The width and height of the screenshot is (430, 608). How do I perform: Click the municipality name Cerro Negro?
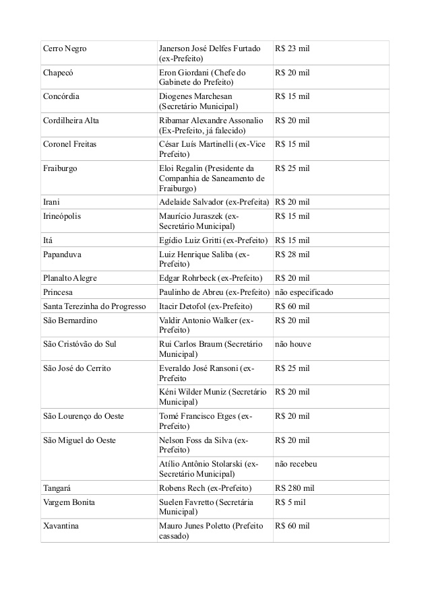[x=65, y=48]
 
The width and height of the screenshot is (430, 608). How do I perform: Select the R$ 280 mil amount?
[x=295, y=487]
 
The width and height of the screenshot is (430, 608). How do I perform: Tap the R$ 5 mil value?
[x=290, y=502]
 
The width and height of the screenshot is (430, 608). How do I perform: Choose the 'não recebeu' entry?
[x=296, y=464]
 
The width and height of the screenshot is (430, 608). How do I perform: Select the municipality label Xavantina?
[x=61, y=525]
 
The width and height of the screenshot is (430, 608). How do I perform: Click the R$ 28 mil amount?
[x=293, y=254]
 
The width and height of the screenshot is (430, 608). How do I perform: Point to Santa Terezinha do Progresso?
[x=94, y=306]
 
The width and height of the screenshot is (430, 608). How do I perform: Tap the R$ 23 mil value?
[x=293, y=48]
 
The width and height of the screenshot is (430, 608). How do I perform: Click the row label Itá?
[x=48, y=240]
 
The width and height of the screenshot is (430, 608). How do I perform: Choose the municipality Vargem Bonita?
[x=69, y=502]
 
